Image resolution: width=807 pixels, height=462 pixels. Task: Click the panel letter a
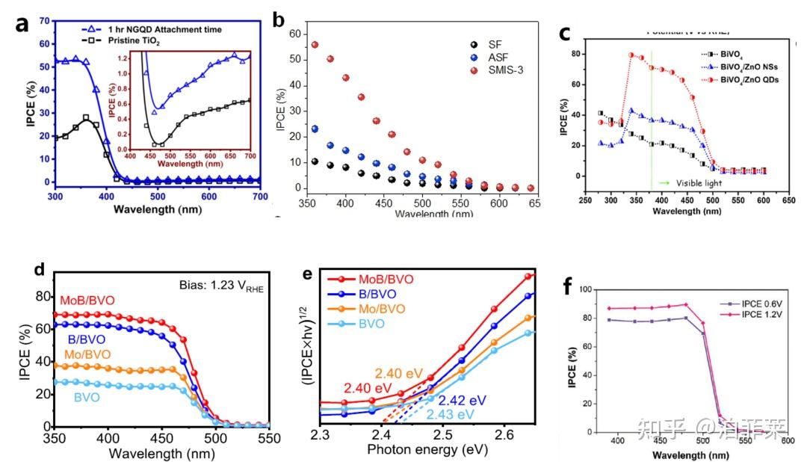[x=23, y=24]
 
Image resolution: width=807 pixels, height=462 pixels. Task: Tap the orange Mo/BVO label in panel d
[x=88, y=353]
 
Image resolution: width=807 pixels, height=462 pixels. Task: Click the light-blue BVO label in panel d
[x=87, y=397]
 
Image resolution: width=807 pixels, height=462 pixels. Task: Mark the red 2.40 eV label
[x=367, y=387]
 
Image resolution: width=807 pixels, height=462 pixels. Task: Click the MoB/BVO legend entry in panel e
[x=389, y=278]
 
